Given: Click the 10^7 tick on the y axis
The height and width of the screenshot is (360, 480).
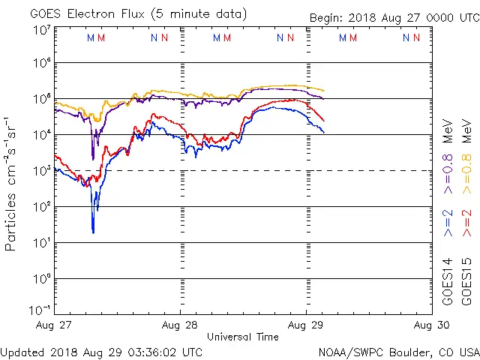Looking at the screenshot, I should (x=41, y=31).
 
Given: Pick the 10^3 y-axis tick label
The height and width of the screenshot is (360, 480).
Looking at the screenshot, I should (x=41, y=171).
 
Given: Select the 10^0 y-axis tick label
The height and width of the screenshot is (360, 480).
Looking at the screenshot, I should (x=41, y=279).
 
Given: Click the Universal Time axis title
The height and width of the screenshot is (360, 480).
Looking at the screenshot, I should (x=242, y=337).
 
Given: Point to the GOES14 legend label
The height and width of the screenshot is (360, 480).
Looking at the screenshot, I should (x=448, y=280).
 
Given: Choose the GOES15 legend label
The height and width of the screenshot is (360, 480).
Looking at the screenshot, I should (x=466, y=280).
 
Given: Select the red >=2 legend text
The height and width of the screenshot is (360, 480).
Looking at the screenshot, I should (x=466, y=223).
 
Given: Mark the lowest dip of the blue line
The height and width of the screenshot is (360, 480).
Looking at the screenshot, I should (x=93, y=232).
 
